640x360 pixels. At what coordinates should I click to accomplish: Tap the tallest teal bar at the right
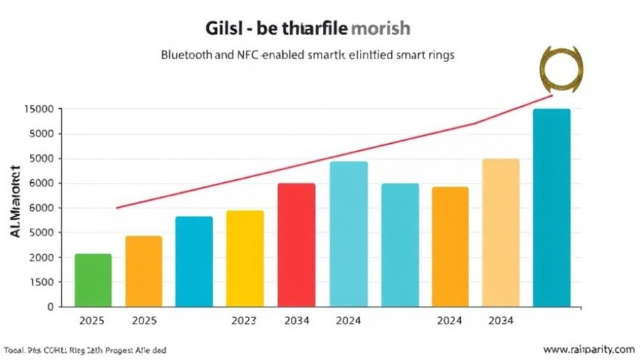551,208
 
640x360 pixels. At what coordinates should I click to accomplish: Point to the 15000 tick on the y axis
38,110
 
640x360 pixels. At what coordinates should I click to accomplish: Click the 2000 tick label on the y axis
41,258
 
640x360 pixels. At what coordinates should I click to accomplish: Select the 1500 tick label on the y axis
41,282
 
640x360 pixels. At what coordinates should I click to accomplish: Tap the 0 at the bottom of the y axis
50,307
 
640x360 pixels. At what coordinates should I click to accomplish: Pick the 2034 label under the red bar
297,321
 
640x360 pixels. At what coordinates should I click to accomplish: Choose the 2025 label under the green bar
92,321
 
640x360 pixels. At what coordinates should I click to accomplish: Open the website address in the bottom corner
588,349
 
